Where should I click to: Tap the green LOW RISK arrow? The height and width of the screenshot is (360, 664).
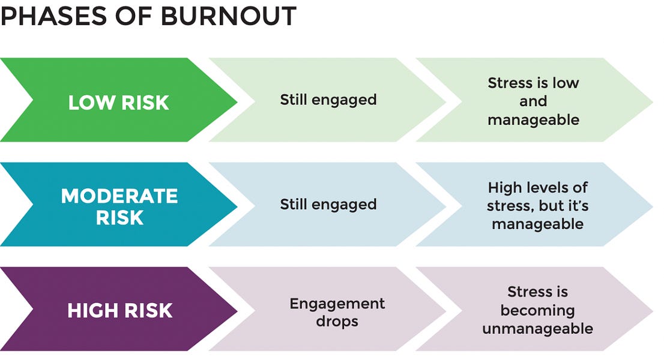point(119,102)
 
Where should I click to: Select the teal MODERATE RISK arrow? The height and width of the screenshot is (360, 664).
point(119,206)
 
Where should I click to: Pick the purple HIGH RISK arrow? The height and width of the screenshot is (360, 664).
point(119,310)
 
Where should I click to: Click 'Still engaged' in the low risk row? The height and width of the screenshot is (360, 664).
point(328,99)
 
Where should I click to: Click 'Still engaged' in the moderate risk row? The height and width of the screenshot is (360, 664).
point(328,204)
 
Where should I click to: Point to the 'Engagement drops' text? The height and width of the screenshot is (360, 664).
point(337,312)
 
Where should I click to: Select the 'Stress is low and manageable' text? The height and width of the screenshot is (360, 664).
point(533,101)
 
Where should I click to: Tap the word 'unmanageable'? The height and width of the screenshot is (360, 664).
point(537,329)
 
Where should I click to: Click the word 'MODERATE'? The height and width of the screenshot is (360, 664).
point(119,196)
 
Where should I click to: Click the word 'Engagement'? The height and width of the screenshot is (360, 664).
point(337,304)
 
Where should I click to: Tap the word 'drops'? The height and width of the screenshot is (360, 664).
point(337,321)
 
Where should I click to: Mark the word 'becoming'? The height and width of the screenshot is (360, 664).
point(537,311)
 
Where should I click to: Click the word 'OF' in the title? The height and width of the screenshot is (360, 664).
point(130,16)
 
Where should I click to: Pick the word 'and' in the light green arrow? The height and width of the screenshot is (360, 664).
point(533,101)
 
